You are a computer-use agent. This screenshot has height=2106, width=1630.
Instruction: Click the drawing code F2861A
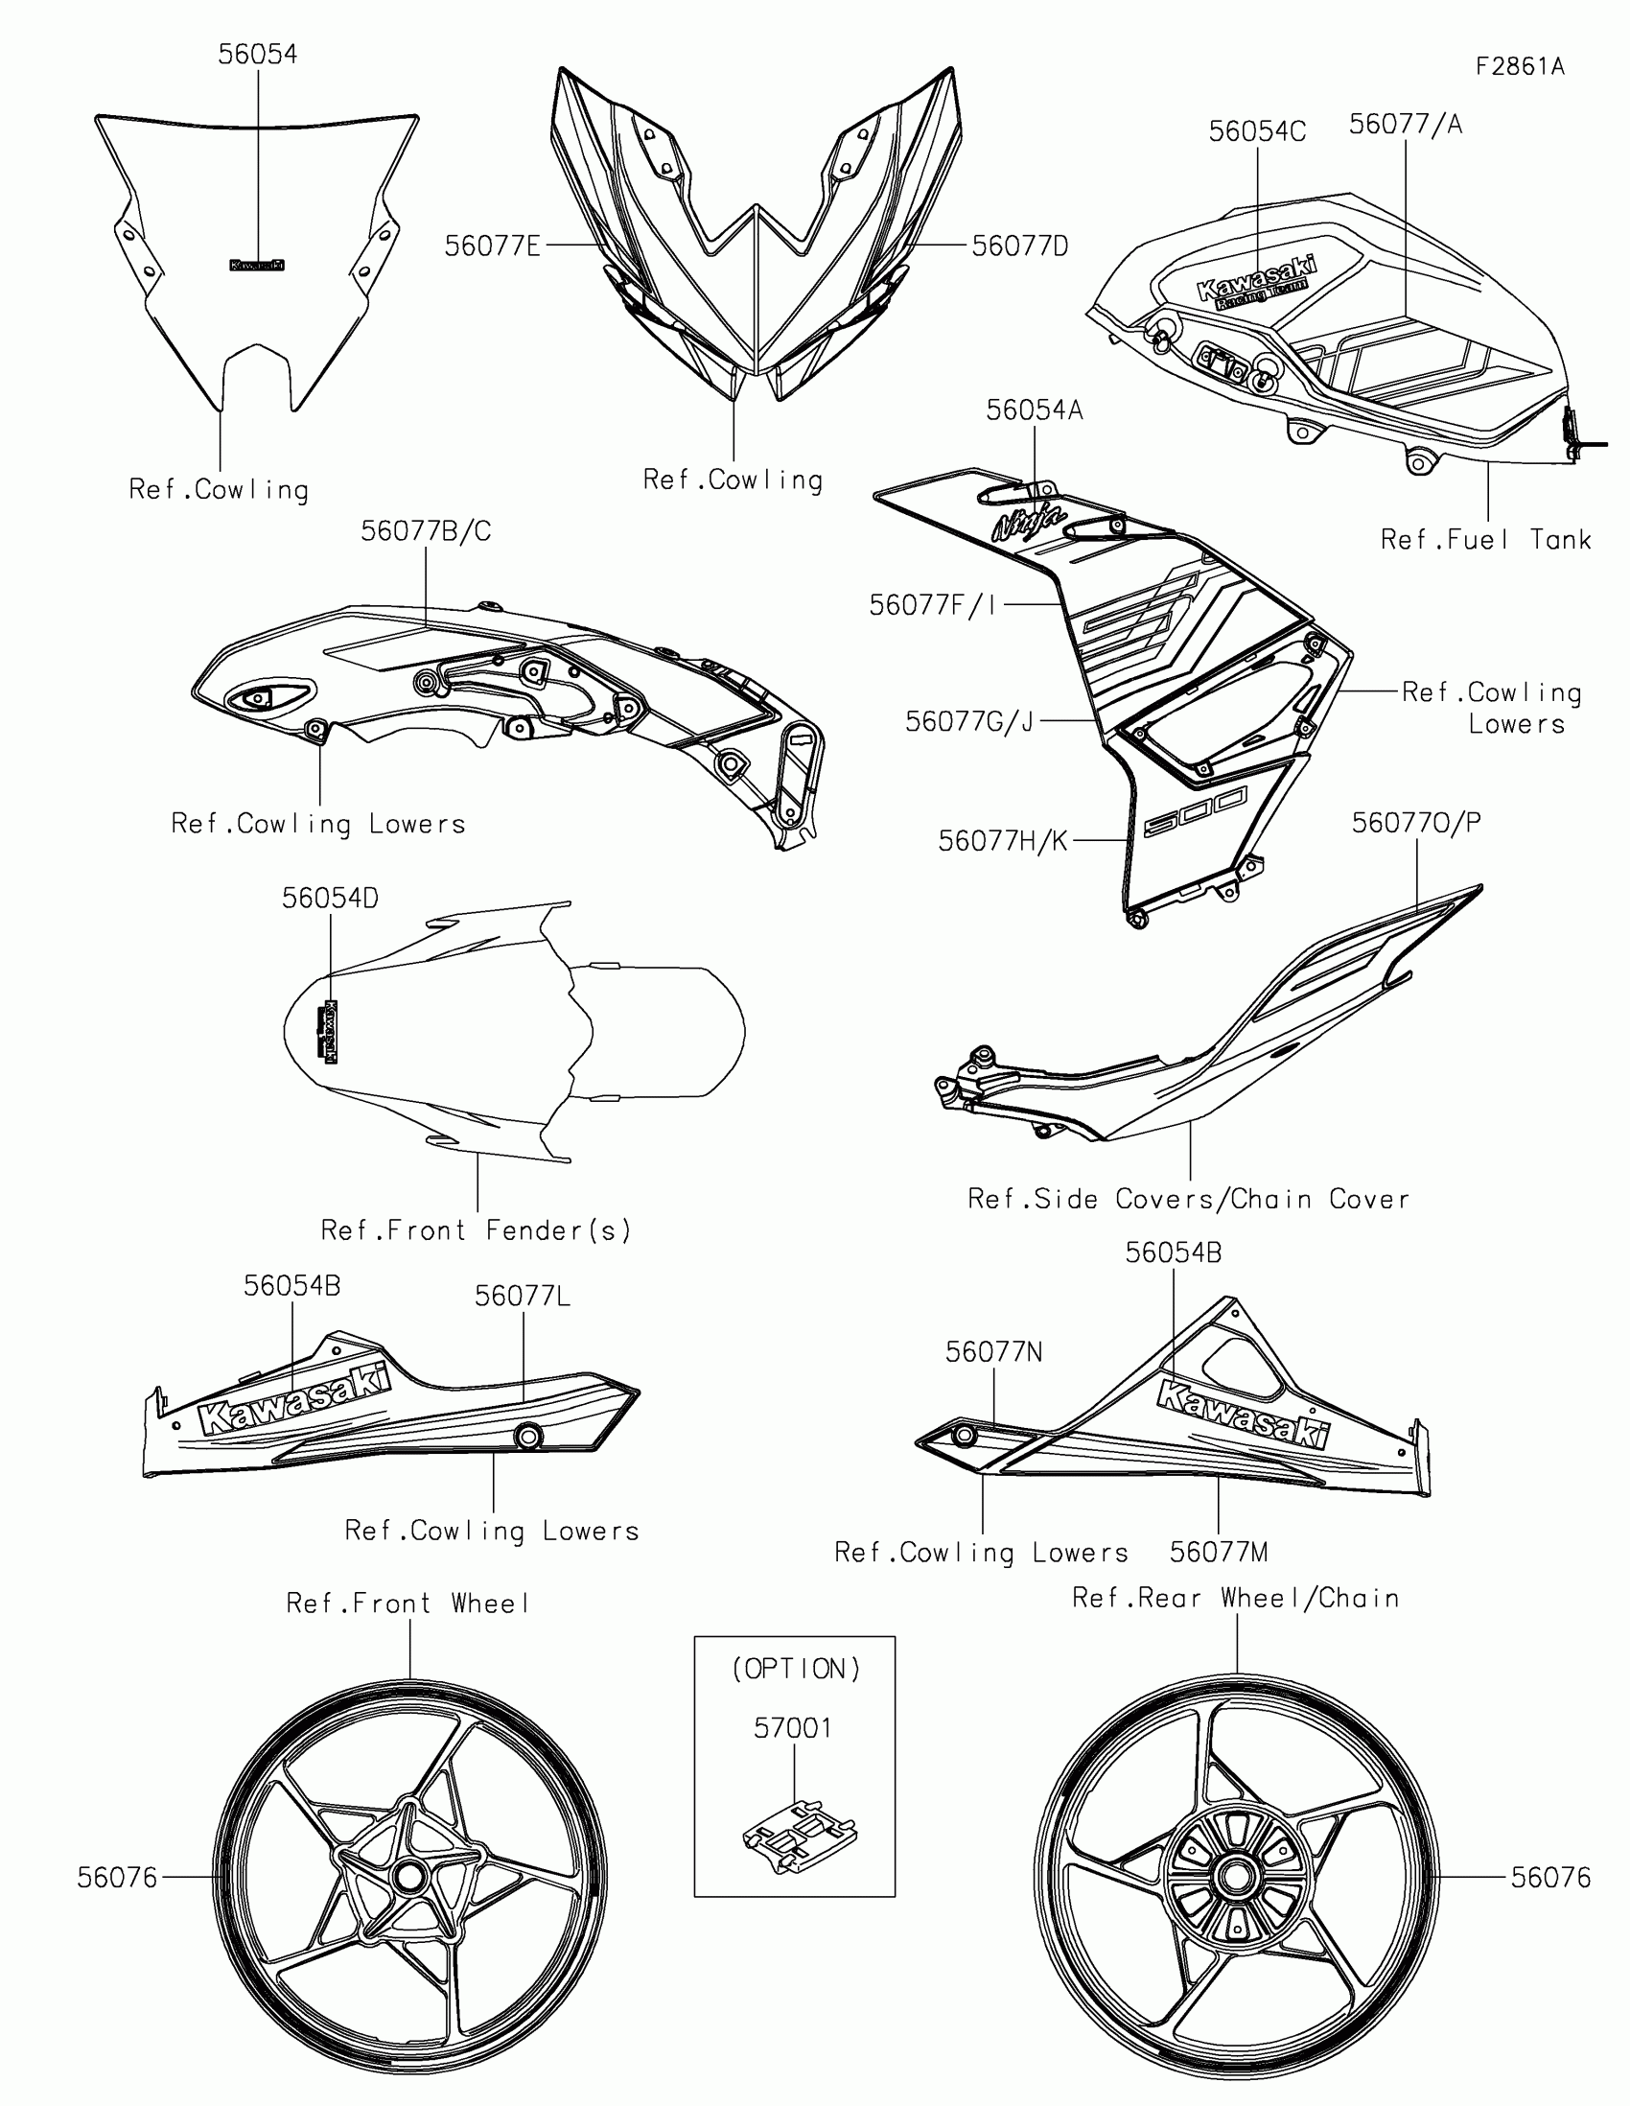(x=1520, y=66)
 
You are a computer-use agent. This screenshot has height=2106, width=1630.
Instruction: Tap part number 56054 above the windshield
(x=257, y=55)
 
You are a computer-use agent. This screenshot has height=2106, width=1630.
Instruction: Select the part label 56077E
(x=492, y=246)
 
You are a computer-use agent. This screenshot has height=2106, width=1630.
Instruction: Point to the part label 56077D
(x=1020, y=246)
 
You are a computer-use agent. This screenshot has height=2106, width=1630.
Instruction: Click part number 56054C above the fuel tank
(x=1257, y=132)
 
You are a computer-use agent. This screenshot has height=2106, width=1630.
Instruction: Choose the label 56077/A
(x=1405, y=125)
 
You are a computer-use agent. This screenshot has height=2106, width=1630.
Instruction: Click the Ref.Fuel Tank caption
(x=1485, y=540)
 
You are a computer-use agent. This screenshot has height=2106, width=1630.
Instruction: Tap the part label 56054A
(x=1035, y=410)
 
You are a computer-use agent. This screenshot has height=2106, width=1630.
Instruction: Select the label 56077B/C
(x=425, y=531)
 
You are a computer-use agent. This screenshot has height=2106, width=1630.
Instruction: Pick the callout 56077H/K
(x=1003, y=842)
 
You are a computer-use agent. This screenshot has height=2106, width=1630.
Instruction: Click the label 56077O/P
(x=1416, y=823)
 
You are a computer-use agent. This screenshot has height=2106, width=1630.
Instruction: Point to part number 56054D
(x=330, y=898)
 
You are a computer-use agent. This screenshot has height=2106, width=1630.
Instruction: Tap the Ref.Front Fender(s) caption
(x=477, y=1230)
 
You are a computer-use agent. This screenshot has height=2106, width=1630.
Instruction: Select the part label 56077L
(x=523, y=1297)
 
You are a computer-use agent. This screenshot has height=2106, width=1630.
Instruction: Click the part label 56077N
(x=993, y=1352)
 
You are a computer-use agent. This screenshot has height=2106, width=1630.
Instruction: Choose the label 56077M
(x=1219, y=1553)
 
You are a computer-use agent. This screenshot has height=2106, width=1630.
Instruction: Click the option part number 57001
(x=792, y=1728)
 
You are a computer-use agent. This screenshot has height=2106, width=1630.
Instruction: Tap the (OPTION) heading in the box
(x=795, y=1670)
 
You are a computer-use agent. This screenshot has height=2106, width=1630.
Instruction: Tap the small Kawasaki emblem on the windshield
(x=256, y=266)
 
